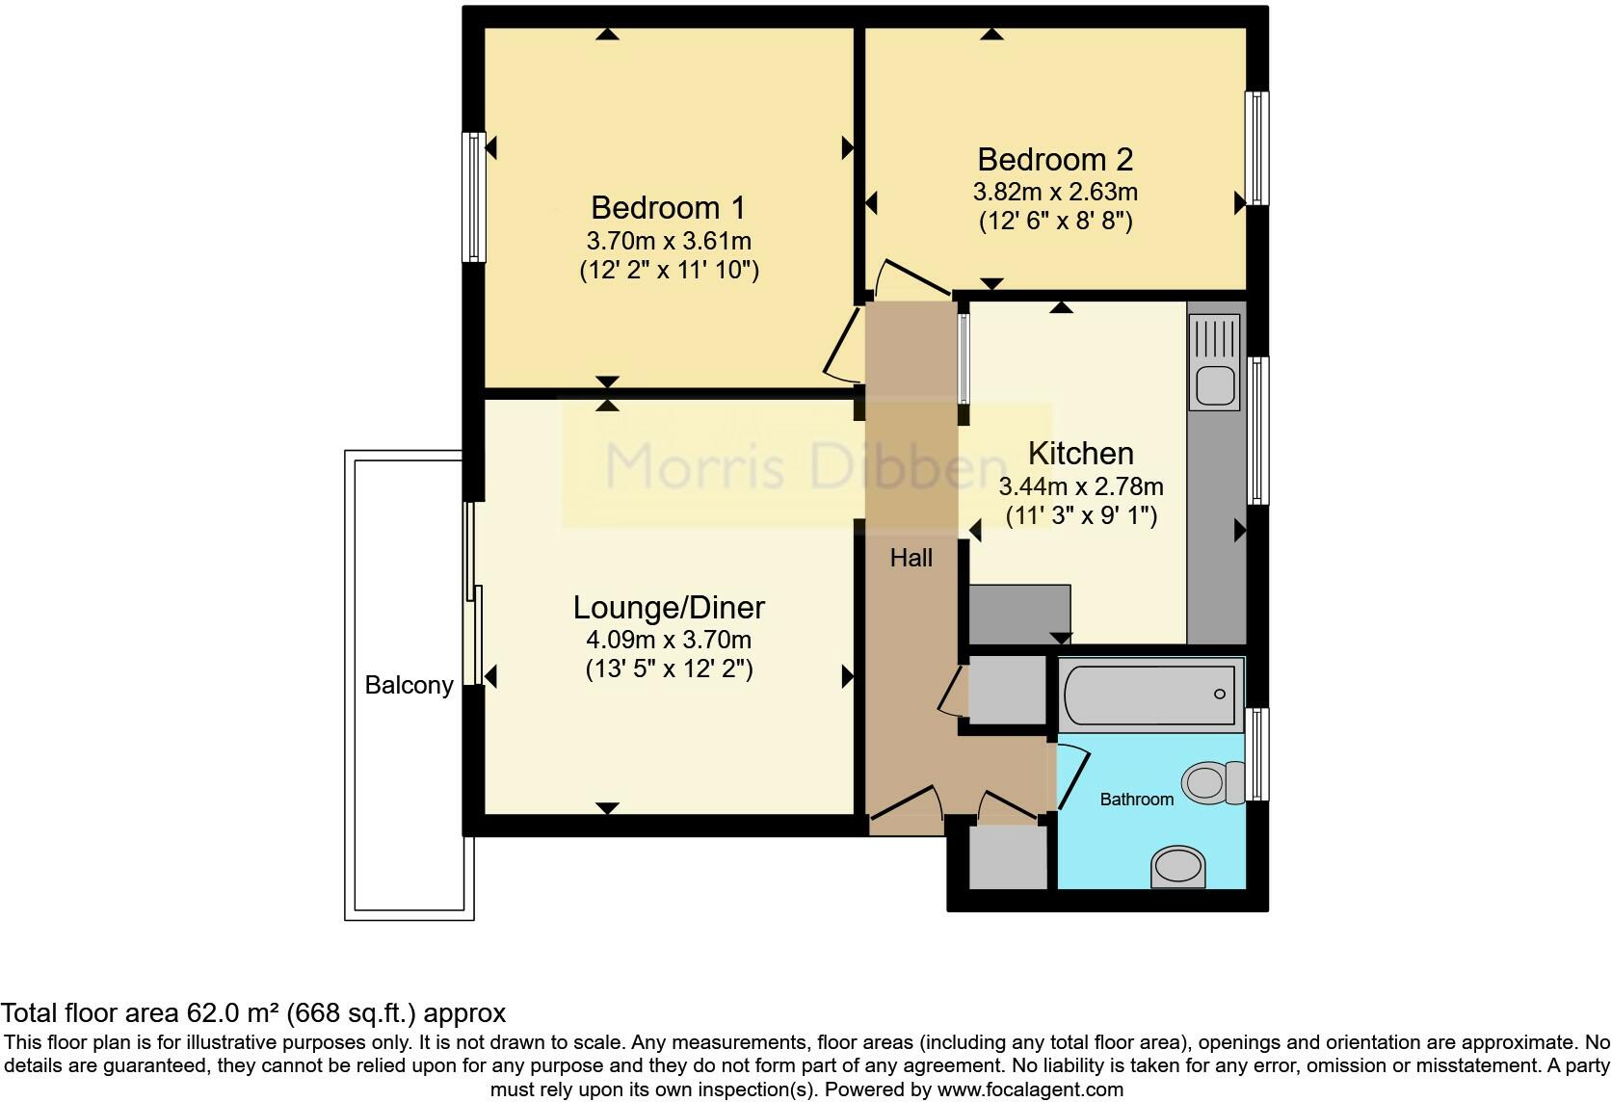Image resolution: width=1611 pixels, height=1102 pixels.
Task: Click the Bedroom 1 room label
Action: [668, 207]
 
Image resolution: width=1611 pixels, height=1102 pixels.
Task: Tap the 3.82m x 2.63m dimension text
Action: [1055, 192]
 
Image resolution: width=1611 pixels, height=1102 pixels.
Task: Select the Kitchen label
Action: [1080, 453]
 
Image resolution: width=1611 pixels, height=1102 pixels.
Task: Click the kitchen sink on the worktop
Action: [1215, 385]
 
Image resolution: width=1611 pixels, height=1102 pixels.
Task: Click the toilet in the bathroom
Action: [1213, 782]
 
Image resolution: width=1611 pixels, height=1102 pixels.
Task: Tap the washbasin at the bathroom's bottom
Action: [1178, 865]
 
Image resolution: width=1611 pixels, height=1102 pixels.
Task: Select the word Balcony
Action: [409, 685]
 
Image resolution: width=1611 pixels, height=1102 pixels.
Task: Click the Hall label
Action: [911, 557]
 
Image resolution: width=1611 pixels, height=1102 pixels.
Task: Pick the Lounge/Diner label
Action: [669, 607]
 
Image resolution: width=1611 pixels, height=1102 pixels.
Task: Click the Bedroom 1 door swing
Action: [840, 347]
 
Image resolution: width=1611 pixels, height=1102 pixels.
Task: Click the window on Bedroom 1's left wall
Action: [474, 197]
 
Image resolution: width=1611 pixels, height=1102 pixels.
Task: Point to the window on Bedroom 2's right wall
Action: [1256, 147]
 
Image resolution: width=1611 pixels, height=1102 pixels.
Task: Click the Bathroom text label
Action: [1136, 799]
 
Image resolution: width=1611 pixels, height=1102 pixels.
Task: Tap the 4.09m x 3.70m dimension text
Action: [669, 640]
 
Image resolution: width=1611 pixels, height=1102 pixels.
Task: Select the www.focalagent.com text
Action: [1030, 1090]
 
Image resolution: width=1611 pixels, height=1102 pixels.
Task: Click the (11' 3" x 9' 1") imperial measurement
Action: [1081, 515]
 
